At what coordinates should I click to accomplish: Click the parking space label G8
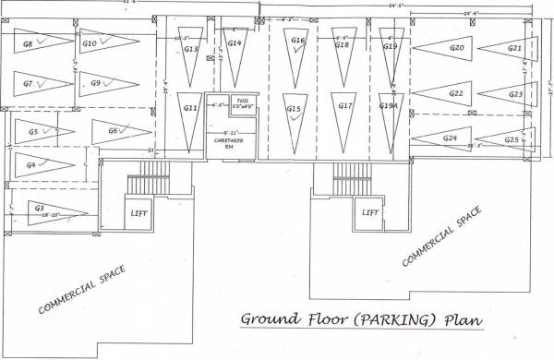[x=28, y=43]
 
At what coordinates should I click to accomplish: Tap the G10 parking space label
[x=90, y=43]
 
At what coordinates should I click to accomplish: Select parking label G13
[x=191, y=49]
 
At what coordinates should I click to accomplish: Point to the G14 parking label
[x=235, y=43]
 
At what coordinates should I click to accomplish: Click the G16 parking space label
[x=297, y=41]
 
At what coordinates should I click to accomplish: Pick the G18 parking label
[x=342, y=44]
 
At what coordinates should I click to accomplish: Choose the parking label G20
[x=456, y=47]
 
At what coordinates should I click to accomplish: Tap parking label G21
[x=515, y=48]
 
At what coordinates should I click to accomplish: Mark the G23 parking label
[x=515, y=94]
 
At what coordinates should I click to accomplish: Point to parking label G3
[x=40, y=208]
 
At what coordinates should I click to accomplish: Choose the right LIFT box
[x=370, y=212]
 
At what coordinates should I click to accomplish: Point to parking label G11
[x=191, y=108]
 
